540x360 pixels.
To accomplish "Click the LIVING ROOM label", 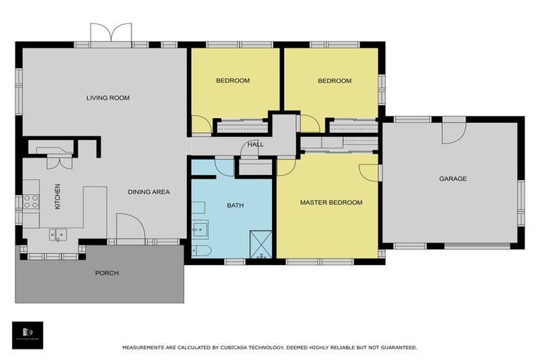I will (x=108, y=98).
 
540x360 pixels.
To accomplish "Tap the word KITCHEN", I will (x=58, y=196).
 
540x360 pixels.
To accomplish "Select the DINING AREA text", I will (x=148, y=192).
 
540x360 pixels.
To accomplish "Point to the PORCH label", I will (x=107, y=273).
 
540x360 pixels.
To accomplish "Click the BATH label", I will (x=235, y=205).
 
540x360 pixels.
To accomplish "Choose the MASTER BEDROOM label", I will (x=330, y=202).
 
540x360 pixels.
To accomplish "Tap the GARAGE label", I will (x=453, y=179).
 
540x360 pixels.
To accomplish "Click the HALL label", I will (x=255, y=145).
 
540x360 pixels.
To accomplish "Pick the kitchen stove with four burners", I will (x=31, y=201).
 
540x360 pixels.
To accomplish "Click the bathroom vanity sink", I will (x=200, y=229).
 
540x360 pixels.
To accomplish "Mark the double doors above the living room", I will (x=111, y=33).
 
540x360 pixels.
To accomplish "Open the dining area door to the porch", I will (x=130, y=229).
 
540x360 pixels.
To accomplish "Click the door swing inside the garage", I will (x=454, y=131).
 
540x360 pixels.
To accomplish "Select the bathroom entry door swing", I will (x=224, y=167).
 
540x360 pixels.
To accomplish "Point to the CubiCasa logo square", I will (x=27, y=335).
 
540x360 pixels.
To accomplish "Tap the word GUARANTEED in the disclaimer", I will (x=396, y=347).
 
